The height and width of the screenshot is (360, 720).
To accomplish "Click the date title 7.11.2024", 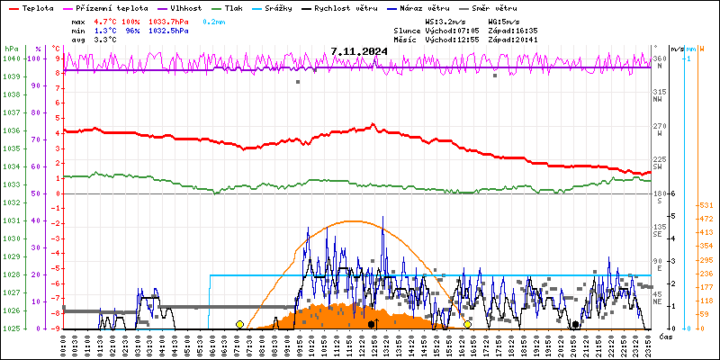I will [359, 51].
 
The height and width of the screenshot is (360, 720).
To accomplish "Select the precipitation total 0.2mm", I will [214, 20].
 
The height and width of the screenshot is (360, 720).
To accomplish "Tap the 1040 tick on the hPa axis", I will [12, 58].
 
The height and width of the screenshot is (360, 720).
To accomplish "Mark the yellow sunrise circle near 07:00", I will [239, 324].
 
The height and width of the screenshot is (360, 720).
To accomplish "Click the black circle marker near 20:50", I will [575, 324].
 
